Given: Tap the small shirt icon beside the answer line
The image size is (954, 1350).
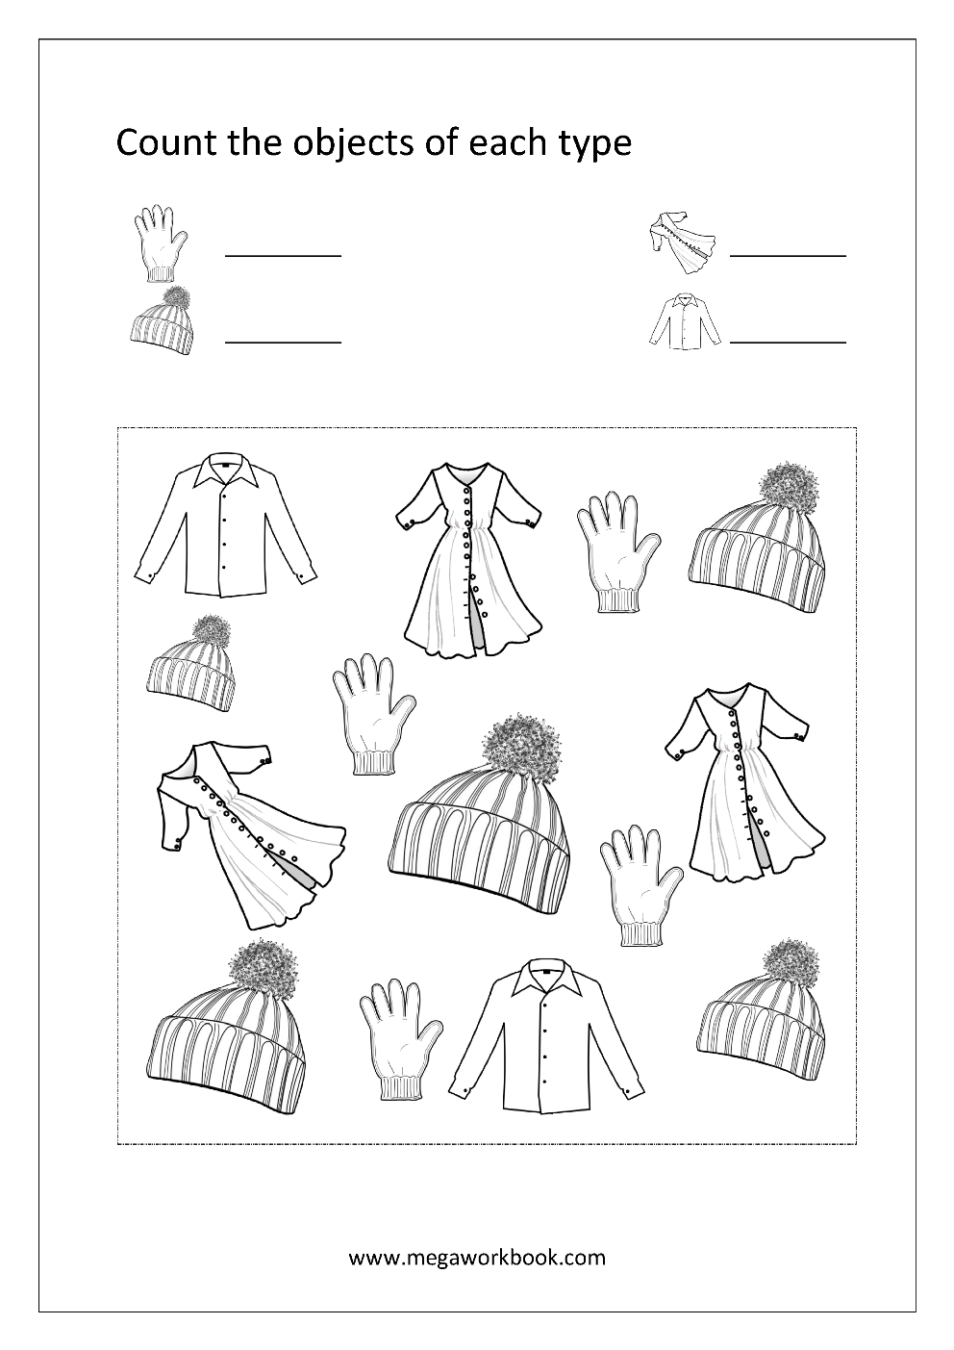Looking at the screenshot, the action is (x=685, y=320).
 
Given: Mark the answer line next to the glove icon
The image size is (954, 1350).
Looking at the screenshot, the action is (x=283, y=256).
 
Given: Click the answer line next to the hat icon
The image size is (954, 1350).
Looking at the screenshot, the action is (x=283, y=343).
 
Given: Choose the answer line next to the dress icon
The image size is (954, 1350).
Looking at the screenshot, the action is (x=788, y=256).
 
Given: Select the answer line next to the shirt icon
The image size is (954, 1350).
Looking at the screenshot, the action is (x=788, y=343).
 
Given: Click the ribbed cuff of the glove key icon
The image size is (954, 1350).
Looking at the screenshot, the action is (x=161, y=274).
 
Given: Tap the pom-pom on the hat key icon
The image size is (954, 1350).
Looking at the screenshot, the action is (x=174, y=299).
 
